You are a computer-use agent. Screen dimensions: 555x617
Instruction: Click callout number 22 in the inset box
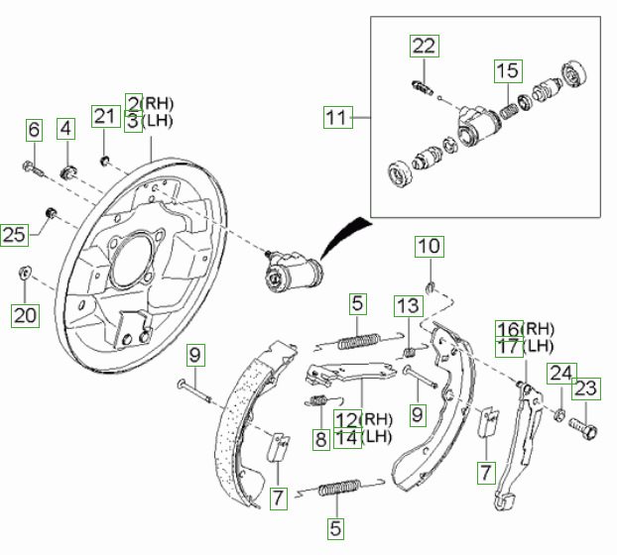point(424,46)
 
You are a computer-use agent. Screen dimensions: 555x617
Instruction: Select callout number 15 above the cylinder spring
point(508,70)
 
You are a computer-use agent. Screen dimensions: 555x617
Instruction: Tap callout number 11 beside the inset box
point(338,118)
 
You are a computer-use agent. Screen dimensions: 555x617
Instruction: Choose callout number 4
point(65,128)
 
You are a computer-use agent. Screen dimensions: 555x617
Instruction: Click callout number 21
point(105,116)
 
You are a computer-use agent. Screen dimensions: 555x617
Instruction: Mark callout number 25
point(13,235)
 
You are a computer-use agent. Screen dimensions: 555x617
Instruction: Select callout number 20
point(24,315)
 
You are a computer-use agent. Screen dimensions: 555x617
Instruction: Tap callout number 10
point(429,246)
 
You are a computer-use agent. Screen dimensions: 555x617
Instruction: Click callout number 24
point(561,374)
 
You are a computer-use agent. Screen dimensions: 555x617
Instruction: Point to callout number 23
point(587,388)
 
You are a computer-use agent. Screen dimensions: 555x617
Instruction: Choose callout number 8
point(319,437)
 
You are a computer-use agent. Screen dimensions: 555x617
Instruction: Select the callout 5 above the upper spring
point(358,304)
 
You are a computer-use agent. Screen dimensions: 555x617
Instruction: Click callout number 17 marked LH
point(508,346)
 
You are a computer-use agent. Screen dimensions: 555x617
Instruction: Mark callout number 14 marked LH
point(347,437)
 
